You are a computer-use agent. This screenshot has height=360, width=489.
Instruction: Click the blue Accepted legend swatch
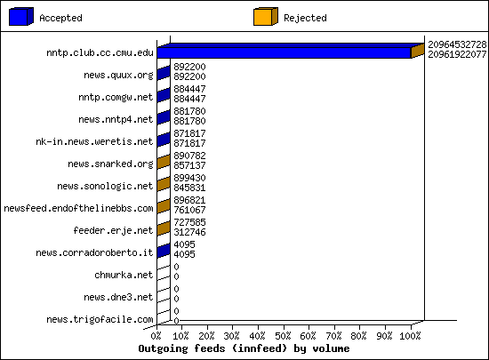coord(21,17)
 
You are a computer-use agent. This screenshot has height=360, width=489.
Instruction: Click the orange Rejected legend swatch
coord(266,17)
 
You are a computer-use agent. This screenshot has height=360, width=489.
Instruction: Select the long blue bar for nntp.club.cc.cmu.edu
coord(284,52)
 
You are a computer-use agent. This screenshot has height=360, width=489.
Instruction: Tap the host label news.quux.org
coord(118,76)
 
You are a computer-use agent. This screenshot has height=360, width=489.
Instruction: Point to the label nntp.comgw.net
coord(116,97)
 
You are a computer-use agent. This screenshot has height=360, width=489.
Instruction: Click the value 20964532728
coord(457,44)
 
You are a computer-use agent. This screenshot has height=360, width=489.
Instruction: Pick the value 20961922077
coord(457,54)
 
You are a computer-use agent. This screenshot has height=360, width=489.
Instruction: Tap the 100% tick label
coord(410,336)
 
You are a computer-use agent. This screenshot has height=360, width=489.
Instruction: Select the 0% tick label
coord(156,336)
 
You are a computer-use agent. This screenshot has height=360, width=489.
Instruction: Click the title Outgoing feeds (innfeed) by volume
coord(244,348)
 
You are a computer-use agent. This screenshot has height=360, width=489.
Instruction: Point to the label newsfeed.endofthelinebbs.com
coord(78,208)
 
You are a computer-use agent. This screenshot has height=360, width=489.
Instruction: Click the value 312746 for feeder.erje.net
coord(189,232)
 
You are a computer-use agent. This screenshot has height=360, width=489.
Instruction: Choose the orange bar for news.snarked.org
coord(164,162)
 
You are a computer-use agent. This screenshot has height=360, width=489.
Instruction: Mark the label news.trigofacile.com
coord(100,319)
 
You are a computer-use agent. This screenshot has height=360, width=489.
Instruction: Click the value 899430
coord(189,178)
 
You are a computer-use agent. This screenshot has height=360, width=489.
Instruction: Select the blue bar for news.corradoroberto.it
coord(164,251)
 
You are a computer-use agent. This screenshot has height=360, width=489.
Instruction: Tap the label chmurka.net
coord(124,275)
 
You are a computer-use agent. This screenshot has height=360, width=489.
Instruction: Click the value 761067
coord(189,210)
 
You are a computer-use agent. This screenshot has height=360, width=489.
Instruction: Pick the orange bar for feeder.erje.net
coord(164,228)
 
